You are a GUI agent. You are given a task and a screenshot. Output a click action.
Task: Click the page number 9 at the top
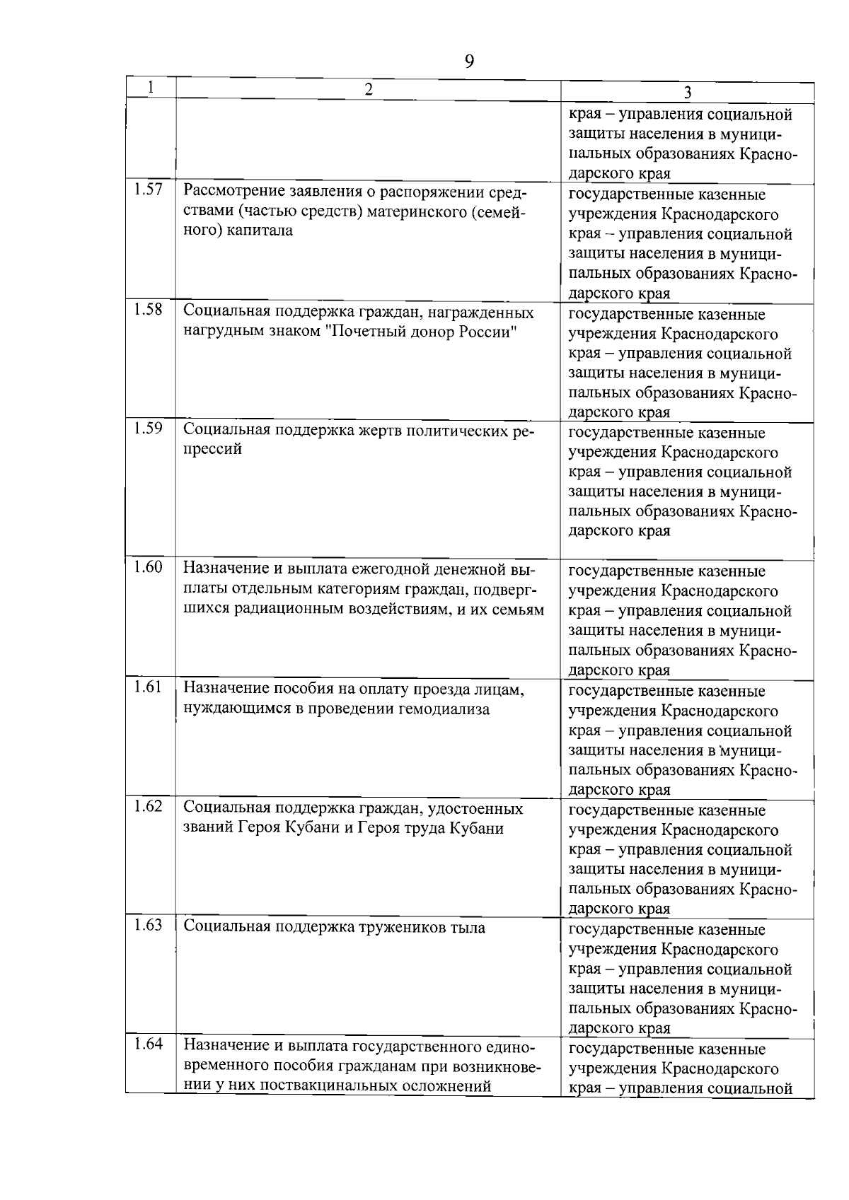469,62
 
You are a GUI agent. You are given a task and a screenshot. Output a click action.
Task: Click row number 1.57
148,190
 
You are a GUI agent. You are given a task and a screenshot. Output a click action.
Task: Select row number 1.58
148,310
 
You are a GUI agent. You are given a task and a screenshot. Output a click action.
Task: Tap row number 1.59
148,429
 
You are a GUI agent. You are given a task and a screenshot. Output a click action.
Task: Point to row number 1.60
148,567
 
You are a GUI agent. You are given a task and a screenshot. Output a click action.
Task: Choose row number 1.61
148,687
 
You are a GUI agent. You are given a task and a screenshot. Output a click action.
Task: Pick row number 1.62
148,807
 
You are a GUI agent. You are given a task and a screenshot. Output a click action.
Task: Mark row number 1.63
148,926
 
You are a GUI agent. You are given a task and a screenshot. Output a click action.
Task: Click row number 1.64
148,1044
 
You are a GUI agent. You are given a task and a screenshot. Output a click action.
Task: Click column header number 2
367,88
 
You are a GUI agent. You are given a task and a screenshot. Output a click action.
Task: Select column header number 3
687,93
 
